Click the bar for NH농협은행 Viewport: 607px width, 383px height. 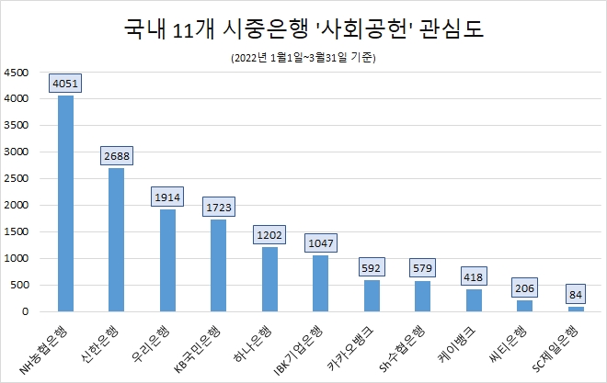point(65,203)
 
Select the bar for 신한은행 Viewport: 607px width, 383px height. point(117,240)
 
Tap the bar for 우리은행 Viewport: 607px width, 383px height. point(167,260)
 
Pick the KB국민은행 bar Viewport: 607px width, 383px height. point(218,265)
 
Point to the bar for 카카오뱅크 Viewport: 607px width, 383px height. point(371,296)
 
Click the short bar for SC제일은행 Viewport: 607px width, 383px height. point(575,309)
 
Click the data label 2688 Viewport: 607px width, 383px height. point(117,156)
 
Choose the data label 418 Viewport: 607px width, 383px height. point(473,277)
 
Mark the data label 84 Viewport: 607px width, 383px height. point(575,295)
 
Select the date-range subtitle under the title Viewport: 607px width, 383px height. point(303,58)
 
